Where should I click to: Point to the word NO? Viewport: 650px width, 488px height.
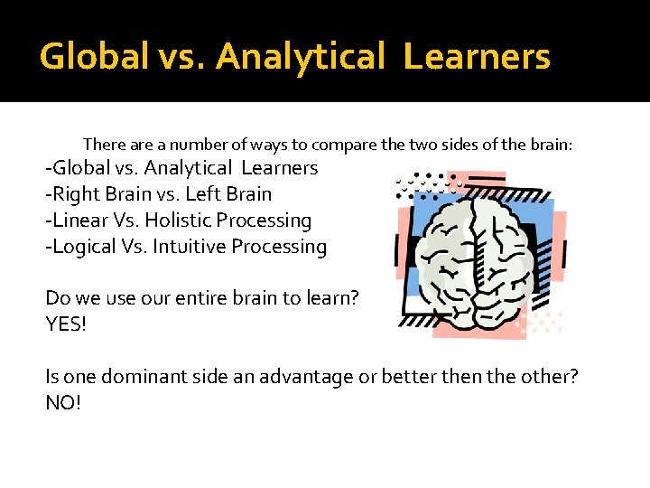(x=63, y=402)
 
